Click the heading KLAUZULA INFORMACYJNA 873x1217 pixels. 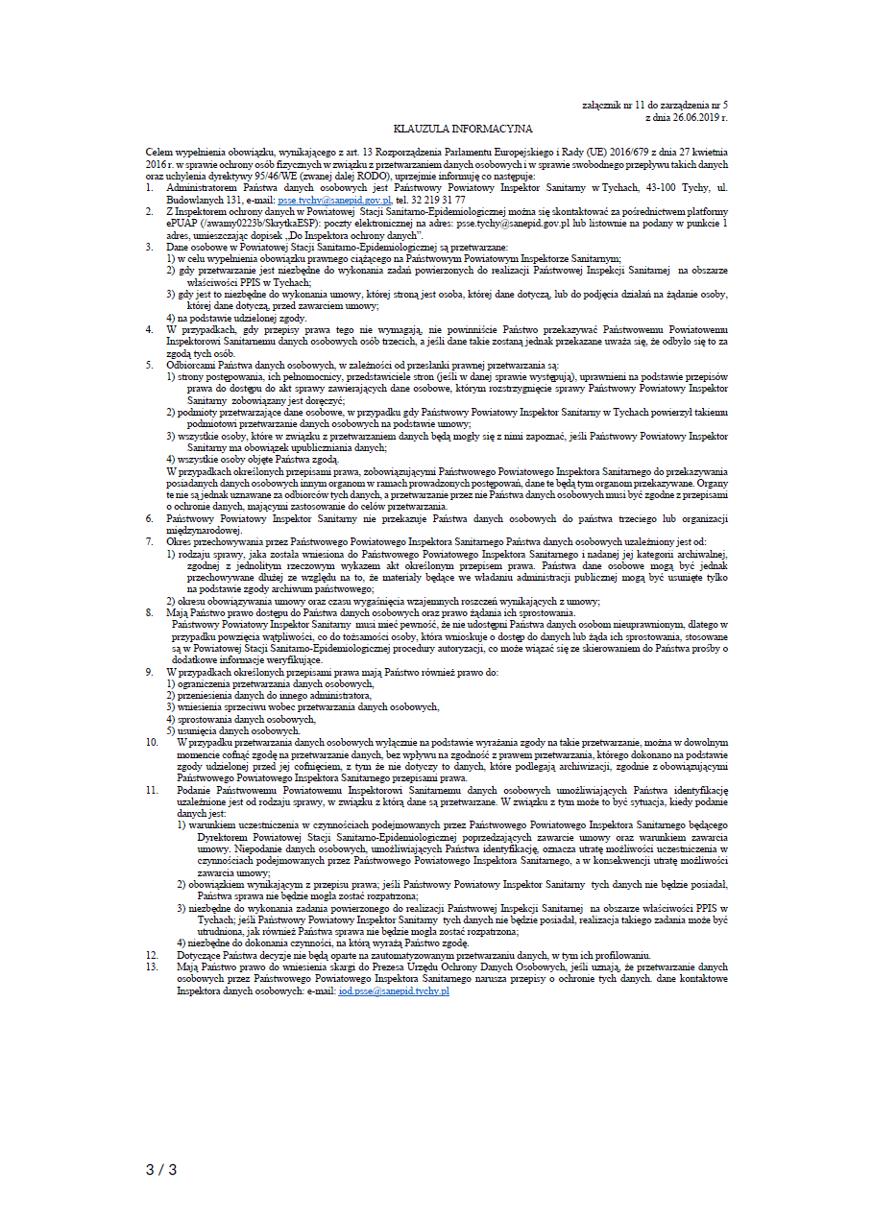[x=463, y=128]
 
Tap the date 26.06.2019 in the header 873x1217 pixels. [x=692, y=116]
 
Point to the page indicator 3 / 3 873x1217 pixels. [x=161, y=1169]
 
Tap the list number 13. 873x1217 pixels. [x=152, y=967]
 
